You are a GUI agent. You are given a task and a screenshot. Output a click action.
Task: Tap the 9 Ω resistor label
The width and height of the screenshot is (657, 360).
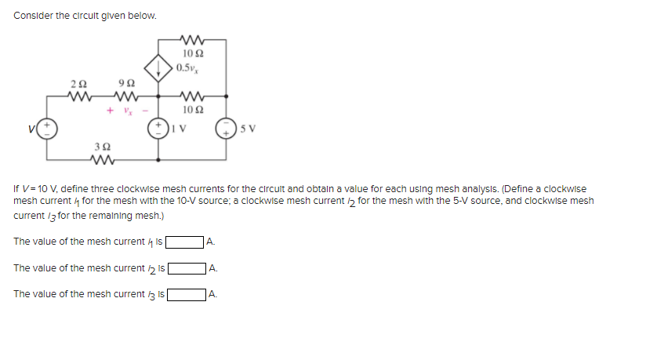tap(120, 83)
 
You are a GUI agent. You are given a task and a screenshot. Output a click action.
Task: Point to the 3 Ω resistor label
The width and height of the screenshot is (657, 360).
tap(100, 147)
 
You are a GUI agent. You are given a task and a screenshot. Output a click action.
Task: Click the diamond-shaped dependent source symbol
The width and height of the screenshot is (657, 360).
tap(159, 66)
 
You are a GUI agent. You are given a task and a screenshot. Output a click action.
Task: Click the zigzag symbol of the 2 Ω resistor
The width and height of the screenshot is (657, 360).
tap(77, 97)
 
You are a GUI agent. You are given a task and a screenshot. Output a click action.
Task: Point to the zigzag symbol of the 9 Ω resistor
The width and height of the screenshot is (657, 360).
tap(124, 97)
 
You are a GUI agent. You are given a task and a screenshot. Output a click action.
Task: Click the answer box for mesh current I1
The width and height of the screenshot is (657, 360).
tap(184, 242)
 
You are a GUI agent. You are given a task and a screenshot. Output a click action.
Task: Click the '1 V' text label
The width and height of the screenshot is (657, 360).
tap(180, 128)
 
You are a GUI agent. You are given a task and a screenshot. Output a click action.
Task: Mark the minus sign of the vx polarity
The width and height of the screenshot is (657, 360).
tap(143, 110)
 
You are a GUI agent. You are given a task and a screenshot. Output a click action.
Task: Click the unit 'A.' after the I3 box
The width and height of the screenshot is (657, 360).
tap(213, 296)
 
